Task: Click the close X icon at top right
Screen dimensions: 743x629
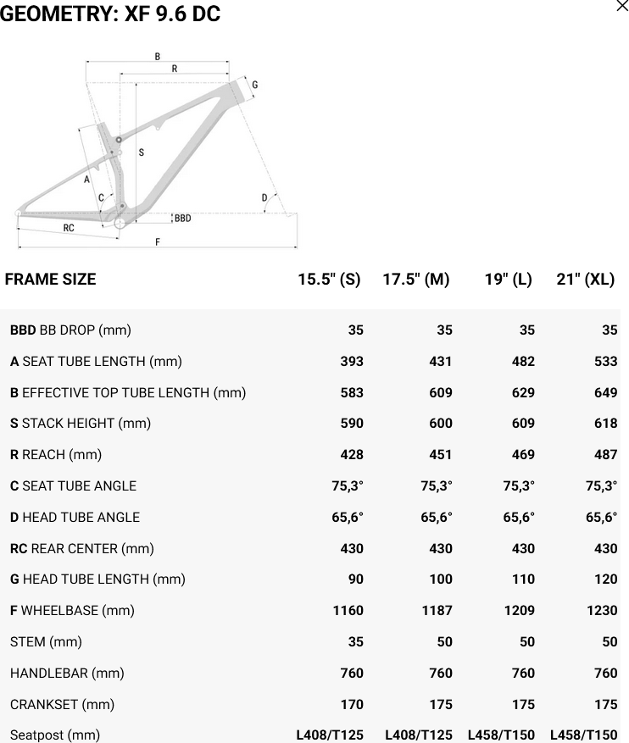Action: click(x=621, y=7)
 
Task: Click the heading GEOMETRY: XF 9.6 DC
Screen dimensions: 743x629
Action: click(x=110, y=14)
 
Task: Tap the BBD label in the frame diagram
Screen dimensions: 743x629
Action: click(x=182, y=219)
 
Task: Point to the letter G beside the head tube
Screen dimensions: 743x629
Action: click(x=254, y=85)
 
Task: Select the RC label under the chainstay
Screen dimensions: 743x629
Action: click(x=69, y=228)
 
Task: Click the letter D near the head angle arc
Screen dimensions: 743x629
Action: click(x=264, y=198)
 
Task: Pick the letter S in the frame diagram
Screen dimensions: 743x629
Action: click(x=141, y=153)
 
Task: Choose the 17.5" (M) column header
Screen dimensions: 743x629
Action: click(x=415, y=279)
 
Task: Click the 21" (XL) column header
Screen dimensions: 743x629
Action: click(x=585, y=279)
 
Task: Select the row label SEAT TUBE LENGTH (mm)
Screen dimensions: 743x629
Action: click(x=96, y=361)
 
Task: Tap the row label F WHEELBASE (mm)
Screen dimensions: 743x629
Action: click(x=72, y=610)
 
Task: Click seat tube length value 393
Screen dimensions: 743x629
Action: click(x=351, y=361)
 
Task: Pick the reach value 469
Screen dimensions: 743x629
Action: click(x=523, y=454)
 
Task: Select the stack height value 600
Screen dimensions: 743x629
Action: click(x=440, y=423)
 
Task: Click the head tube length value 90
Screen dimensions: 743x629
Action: click(x=355, y=579)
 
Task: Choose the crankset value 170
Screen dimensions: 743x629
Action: click(x=351, y=704)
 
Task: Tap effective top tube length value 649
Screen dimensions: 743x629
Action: click(x=605, y=392)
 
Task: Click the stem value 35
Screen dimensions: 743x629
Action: click(x=355, y=641)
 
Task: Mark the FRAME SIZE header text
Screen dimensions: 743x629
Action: click(x=51, y=279)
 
